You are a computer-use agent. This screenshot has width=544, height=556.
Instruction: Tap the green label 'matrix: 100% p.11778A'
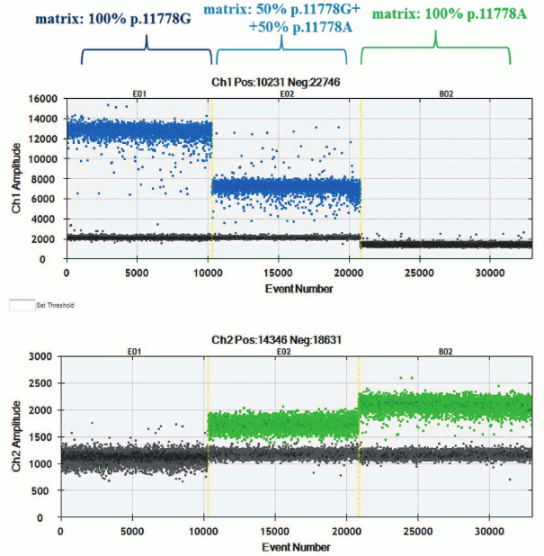435,17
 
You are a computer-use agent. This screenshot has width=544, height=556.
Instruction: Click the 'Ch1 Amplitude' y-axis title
17,180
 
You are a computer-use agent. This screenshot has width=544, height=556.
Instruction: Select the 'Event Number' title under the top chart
289,289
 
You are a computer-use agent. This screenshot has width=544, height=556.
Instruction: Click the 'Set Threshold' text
55,306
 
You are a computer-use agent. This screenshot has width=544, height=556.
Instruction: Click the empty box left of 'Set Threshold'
21,305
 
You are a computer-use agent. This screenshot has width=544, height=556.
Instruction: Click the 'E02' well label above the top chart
287,93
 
